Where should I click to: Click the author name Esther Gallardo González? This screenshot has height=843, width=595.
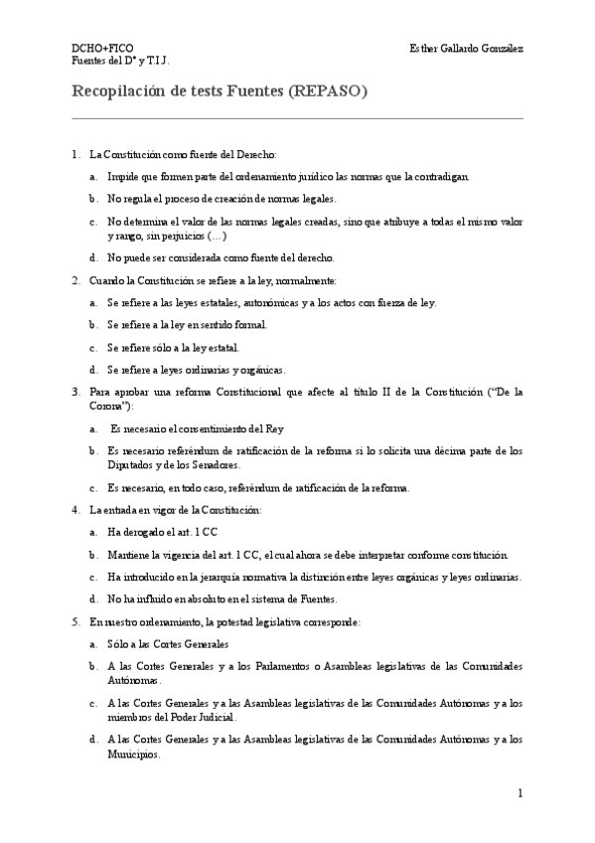pyautogui.click(x=466, y=47)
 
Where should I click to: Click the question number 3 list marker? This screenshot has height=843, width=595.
pyautogui.click(x=75, y=392)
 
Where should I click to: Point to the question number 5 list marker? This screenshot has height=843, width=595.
pyautogui.click(x=75, y=621)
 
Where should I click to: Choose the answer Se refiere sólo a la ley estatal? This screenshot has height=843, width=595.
pyautogui.click(x=173, y=347)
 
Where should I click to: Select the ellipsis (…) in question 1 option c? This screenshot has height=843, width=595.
pyautogui.click(x=215, y=236)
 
